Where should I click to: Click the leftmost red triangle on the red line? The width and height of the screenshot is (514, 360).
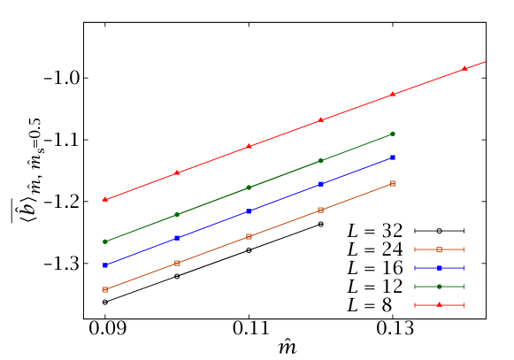pos(105,199)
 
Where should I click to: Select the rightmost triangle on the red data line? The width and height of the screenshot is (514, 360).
pos(464,68)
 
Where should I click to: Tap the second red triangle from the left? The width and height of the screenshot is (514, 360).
pos(177,172)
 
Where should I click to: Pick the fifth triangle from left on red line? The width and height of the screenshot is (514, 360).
pos(393,94)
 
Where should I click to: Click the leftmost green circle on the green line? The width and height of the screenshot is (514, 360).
pos(105,241)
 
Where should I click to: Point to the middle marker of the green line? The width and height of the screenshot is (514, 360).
pos(249,188)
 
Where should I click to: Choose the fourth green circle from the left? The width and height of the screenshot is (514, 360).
pos(321,161)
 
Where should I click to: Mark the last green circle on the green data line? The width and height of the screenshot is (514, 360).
pos(393,134)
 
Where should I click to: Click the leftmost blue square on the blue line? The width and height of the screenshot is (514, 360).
pos(105,265)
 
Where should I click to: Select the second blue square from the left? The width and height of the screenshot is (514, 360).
pos(177,238)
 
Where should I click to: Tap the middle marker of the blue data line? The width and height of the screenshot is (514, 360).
pos(249,211)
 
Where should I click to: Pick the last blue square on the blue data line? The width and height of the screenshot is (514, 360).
pos(393,157)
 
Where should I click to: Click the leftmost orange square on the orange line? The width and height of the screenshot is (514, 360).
pos(105,289)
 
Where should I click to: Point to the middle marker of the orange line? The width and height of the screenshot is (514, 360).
pos(249,236)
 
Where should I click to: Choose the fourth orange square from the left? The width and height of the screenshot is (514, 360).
pos(321,210)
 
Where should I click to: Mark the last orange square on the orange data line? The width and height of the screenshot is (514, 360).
pos(393,183)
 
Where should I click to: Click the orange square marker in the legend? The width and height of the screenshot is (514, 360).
pos(439,249)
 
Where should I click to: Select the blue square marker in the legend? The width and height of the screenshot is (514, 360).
pos(439,268)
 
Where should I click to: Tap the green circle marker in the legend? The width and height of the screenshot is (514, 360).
pos(439,287)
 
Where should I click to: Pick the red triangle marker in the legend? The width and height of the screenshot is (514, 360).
pos(439,305)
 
